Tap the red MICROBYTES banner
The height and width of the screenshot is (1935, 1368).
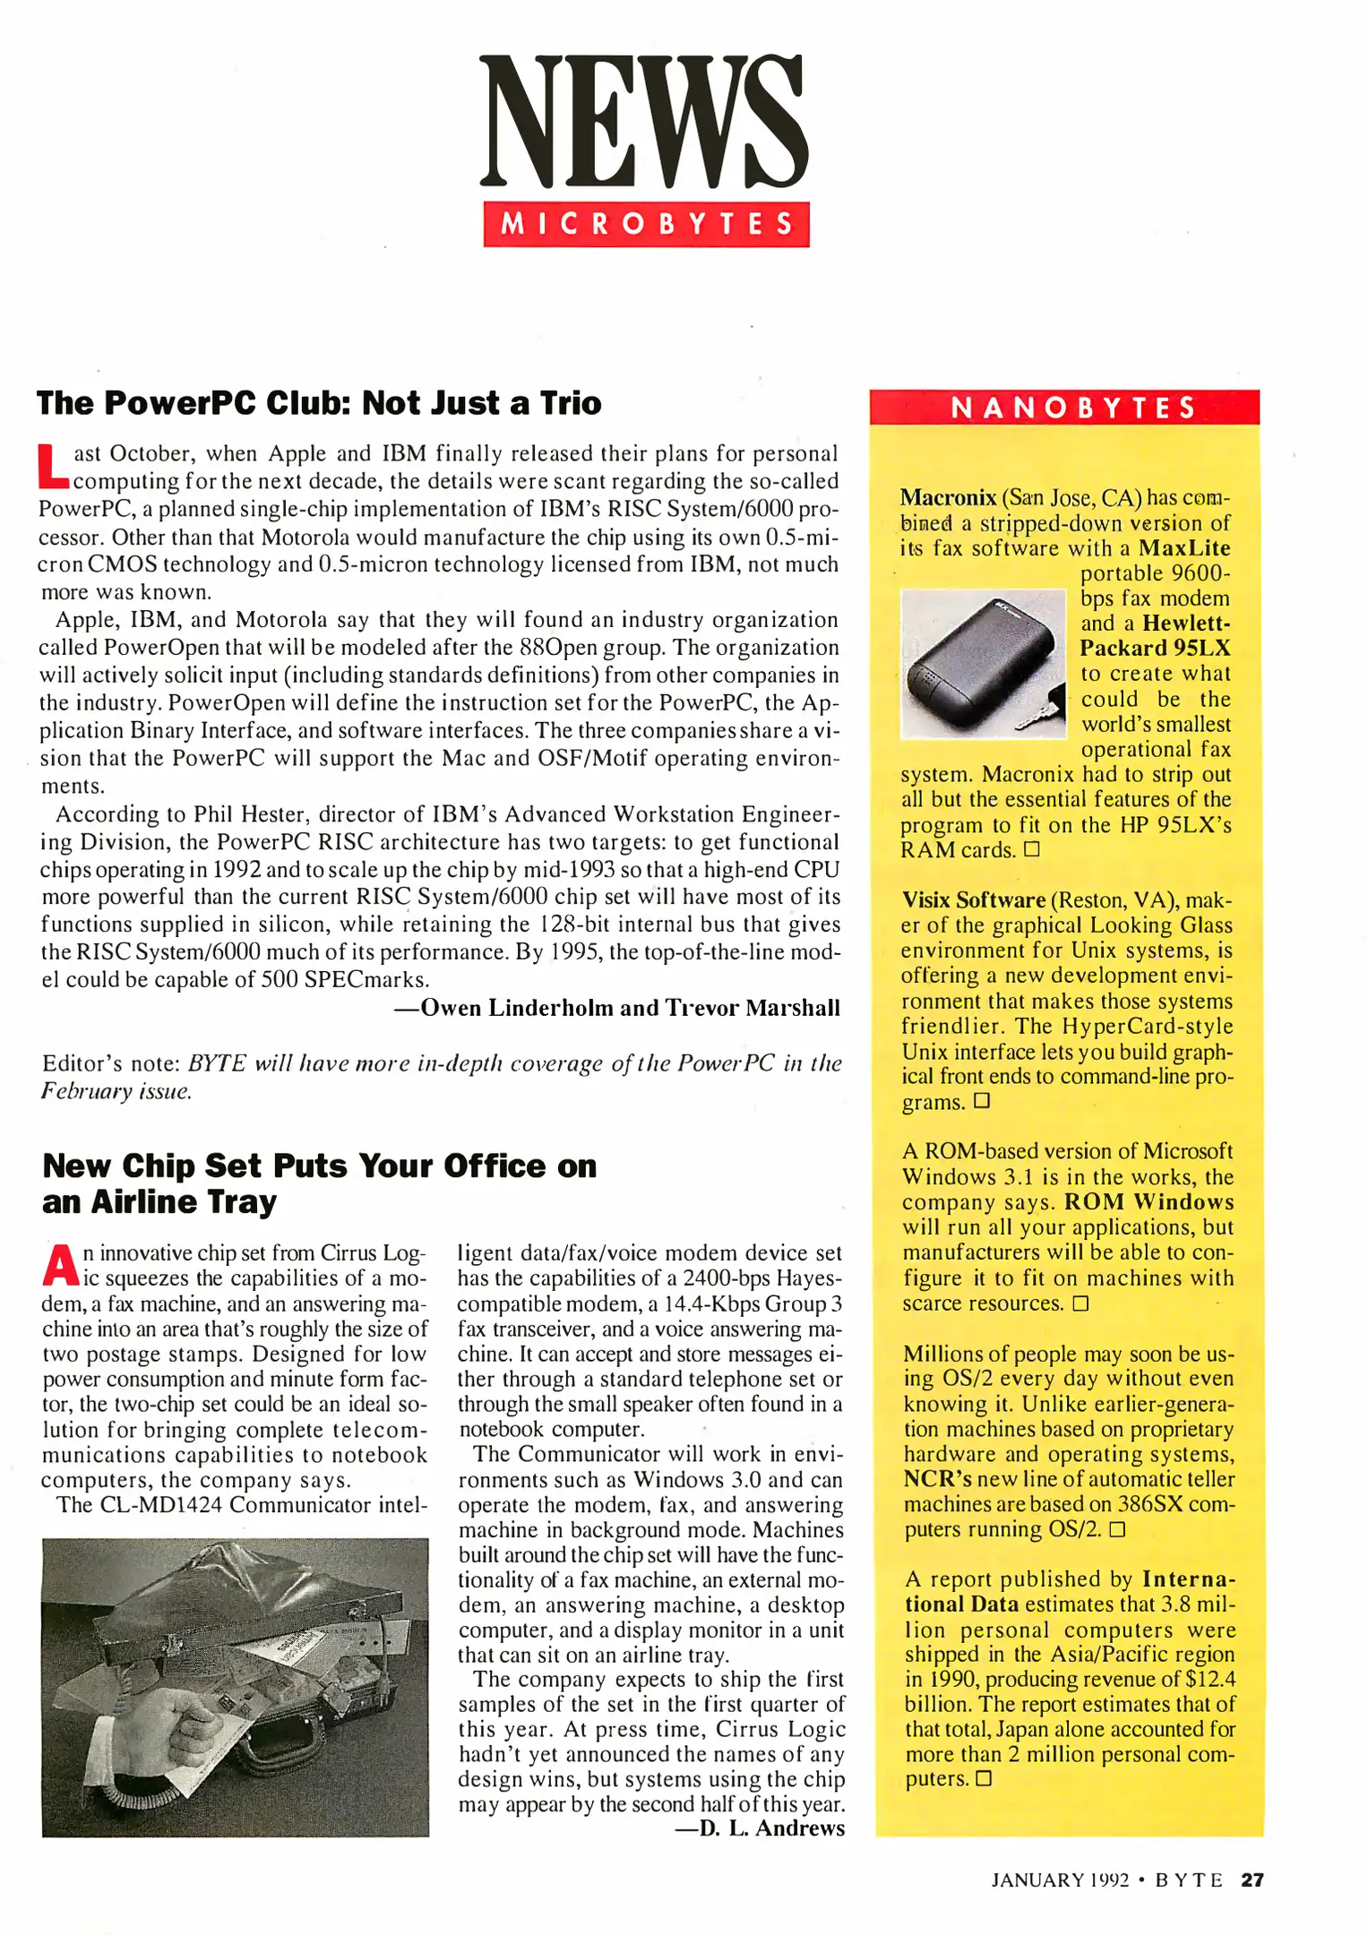646,224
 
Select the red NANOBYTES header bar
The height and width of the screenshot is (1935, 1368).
1064,408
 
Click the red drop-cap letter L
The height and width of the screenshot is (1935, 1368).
53,467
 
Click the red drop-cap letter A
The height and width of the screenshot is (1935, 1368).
60,1265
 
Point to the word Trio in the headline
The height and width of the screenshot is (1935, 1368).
571,403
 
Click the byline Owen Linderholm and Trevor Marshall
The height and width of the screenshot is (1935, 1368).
617,1008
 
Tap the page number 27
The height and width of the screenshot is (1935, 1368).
1252,1880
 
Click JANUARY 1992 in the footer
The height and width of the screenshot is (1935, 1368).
1059,1880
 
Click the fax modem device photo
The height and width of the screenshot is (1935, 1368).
982,663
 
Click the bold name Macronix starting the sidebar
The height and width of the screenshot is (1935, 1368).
948,497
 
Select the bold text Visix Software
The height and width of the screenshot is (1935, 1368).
974,899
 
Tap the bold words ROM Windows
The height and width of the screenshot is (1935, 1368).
1149,1201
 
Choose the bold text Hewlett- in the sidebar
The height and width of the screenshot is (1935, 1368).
1185,623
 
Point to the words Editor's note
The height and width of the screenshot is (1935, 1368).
110,1063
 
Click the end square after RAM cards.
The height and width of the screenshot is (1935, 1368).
1032,848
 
